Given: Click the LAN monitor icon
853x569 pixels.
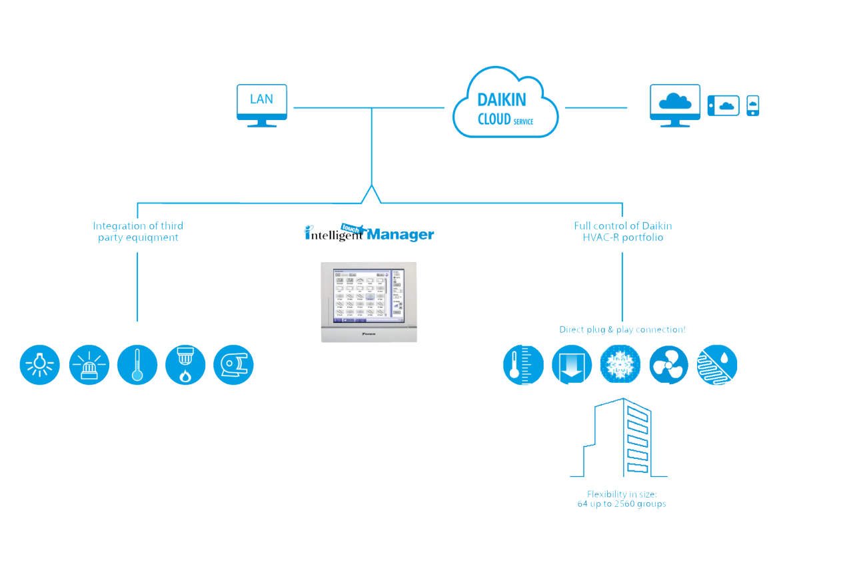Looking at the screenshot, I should click(262, 104).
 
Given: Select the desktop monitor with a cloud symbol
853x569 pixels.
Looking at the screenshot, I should click(674, 104).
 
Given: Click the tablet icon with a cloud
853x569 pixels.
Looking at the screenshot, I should click(724, 105).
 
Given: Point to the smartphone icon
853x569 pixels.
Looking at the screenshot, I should click(752, 105).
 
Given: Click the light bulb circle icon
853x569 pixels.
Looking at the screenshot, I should click(40, 365).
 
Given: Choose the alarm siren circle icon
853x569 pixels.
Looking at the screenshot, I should click(89, 365).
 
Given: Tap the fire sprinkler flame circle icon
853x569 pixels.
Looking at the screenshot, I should click(185, 365).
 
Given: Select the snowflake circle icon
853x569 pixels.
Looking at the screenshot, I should click(620, 365).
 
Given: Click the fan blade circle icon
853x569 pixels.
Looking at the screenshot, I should click(668, 365).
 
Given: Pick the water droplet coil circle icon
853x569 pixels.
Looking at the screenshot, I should click(717, 365).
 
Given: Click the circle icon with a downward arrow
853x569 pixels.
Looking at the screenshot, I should click(572, 365).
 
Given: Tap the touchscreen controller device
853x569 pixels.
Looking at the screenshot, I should click(369, 302).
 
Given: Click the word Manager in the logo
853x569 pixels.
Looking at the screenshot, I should click(400, 235).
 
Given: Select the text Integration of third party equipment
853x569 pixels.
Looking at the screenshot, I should click(138, 231).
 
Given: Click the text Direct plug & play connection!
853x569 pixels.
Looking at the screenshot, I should click(622, 330).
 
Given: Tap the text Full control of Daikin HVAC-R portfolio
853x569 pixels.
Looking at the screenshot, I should click(622, 231).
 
